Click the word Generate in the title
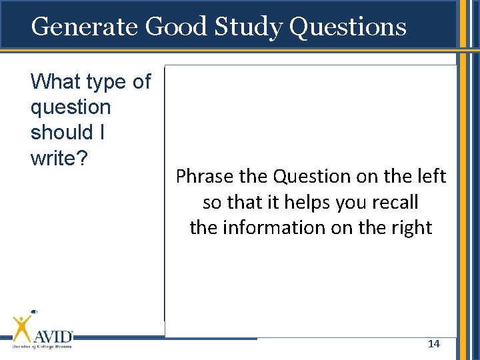[x=85, y=27]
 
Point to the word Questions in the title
[x=349, y=27]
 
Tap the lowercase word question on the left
[x=71, y=108]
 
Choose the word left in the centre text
[x=431, y=177]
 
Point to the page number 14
[x=433, y=344]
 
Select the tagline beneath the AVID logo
[x=42, y=346]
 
